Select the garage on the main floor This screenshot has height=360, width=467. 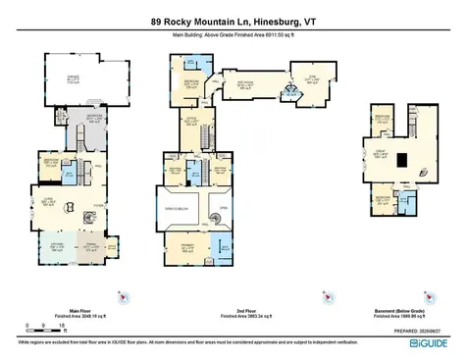[x=74, y=81]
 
